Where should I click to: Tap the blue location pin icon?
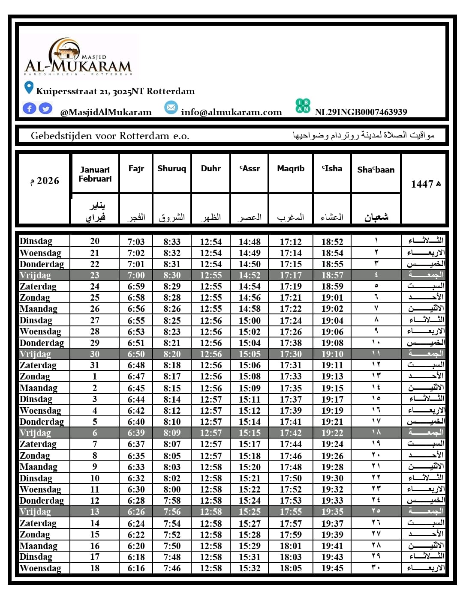point(29,88)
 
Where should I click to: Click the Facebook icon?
point(29,108)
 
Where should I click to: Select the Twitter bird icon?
point(45,108)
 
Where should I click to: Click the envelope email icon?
point(171,107)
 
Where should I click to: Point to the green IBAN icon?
point(303,106)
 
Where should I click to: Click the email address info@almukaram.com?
point(231,112)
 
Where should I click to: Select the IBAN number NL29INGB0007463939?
point(361,112)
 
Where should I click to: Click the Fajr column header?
point(136,169)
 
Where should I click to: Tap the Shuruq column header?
point(171,169)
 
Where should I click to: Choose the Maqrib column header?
point(291,169)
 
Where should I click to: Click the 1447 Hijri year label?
point(425,184)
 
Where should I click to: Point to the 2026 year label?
point(45,181)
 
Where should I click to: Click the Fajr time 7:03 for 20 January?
point(136,242)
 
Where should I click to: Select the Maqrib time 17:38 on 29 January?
point(291,343)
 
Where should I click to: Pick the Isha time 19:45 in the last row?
point(332,568)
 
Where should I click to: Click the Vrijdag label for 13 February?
point(35,512)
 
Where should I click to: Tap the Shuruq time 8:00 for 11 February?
point(171,490)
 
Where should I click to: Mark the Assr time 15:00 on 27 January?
point(250,320)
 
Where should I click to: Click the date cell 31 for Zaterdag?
point(95,365)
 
